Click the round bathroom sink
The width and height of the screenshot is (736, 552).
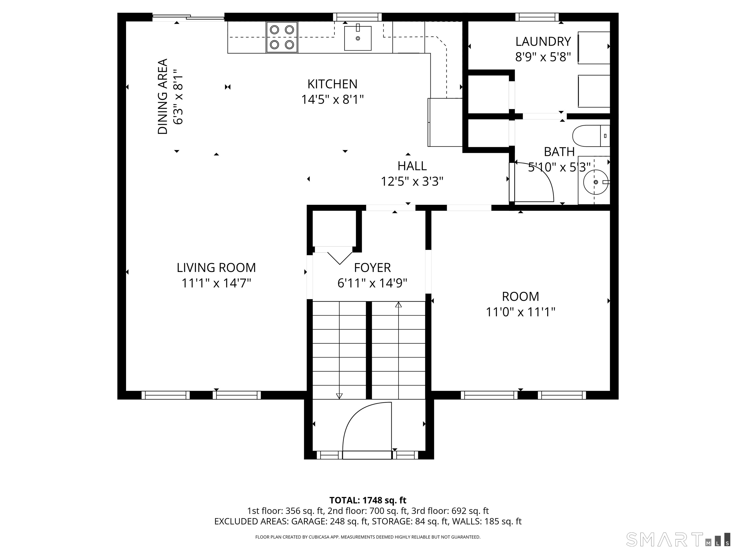pos(595,182)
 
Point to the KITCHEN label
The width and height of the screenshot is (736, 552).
pos(332,84)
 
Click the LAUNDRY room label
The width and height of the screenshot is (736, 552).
pos(543,42)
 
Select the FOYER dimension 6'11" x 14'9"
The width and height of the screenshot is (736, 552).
pos(372,283)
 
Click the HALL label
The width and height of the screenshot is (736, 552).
pos(412,166)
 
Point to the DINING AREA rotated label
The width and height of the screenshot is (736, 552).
pos(162,97)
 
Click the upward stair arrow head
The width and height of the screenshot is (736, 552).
pos(398,305)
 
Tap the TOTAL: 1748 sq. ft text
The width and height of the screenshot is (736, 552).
pos(368,500)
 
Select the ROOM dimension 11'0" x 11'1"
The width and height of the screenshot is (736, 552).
pos(520,312)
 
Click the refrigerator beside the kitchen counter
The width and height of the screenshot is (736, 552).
pos(445,122)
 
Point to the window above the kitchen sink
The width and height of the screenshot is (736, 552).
pos(357,17)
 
